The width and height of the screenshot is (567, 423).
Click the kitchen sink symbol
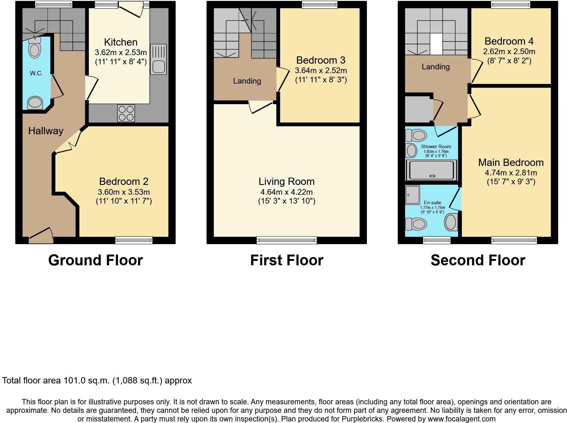pyautogui.click(x=158, y=60)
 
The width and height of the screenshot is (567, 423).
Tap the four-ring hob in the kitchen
pyautogui.click(x=126, y=113)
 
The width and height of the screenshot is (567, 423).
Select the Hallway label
pyautogui.click(x=46, y=131)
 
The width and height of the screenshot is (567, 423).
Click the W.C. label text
pyautogui.click(x=36, y=73)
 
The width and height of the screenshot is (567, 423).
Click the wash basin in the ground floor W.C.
pyautogui.click(x=35, y=103)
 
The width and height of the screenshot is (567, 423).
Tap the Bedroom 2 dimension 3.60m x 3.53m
pyautogui.click(x=124, y=192)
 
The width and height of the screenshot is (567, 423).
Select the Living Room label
pyautogui.click(x=287, y=181)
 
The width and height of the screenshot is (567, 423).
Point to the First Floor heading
pyautogui.click(x=287, y=260)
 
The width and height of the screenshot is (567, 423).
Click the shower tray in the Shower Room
pyautogui.click(x=431, y=170)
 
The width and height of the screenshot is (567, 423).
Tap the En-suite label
pyautogui.click(x=433, y=203)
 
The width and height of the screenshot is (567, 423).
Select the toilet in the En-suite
pyautogui.click(x=416, y=224)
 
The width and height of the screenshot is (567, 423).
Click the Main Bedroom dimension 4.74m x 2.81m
pyautogui.click(x=511, y=173)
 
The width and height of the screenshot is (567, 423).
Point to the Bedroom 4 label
pyautogui.click(x=509, y=41)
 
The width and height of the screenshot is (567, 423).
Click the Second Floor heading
pyautogui.click(x=478, y=260)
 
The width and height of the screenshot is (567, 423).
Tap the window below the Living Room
pyautogui.click(x=287, y=240)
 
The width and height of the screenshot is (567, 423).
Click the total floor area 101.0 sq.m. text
pyautogui.click(x=97, y=380)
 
